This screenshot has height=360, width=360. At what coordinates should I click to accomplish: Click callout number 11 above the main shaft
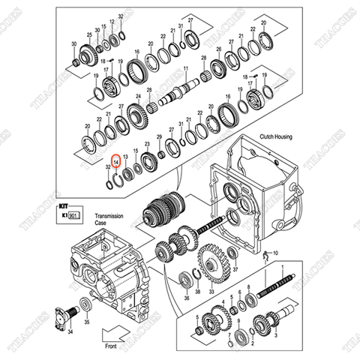185,68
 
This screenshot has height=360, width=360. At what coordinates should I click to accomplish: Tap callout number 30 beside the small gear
74,45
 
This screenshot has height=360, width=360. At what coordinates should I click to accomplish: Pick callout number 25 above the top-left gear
88,35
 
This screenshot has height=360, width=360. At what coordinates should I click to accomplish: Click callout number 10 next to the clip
274,253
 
